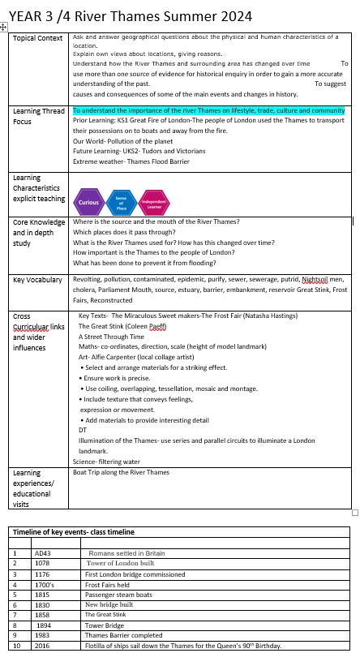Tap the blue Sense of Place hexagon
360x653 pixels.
(x=121, y=198)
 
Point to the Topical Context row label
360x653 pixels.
(x=38, y=38)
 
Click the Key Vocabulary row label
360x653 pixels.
(x=37, y=280)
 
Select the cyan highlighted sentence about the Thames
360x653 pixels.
(x=208, y=110)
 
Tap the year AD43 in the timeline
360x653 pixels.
(x=43, y=553)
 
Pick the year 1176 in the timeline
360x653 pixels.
(x=43, y=574)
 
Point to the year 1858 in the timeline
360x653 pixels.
(x=43, y=615)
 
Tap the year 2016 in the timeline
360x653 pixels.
(x=43, y=647)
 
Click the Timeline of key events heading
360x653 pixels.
(x=72, y=532)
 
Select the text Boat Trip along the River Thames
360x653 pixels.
(x=121, y=471)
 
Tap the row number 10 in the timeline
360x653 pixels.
(x=16, y=647)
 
